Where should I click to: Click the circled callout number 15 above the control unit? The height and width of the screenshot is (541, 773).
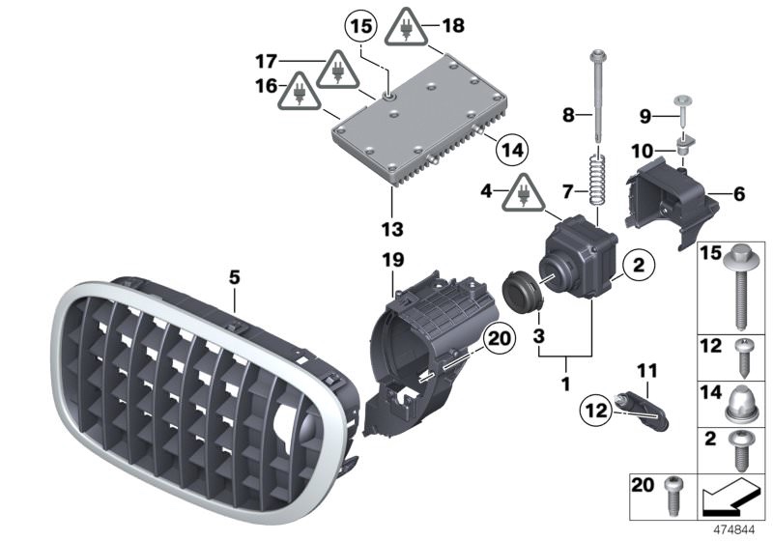360,25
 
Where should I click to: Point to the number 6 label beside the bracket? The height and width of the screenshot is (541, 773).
740,194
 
